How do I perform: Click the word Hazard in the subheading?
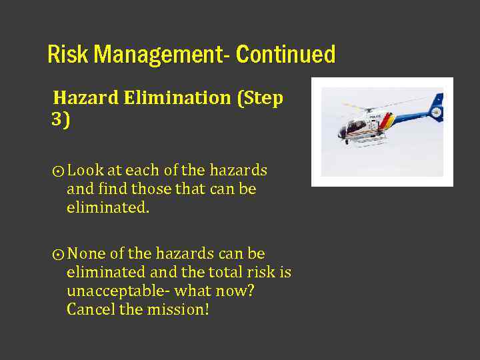tap(86, 98)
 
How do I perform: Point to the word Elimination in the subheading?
tap(177, 98)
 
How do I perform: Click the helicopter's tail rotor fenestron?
tap(436, 112)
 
